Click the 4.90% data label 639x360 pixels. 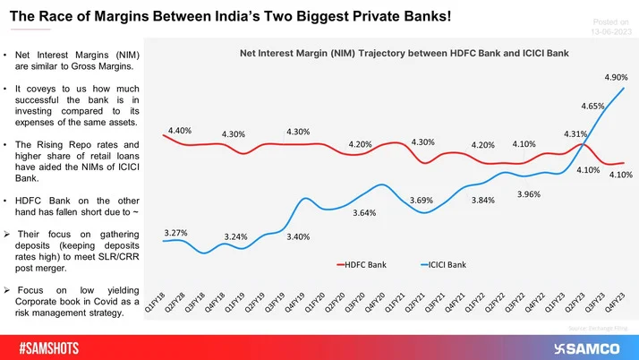click(616, 77)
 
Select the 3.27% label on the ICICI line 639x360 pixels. click(176, 234)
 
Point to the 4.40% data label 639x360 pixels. click(179, 130)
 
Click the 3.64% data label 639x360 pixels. click(364, 212)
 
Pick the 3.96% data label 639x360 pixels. click(529, 193)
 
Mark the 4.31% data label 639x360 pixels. click(576, 133)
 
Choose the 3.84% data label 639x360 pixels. click(483, 200)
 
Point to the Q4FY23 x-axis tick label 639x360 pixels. click(616, 307)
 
